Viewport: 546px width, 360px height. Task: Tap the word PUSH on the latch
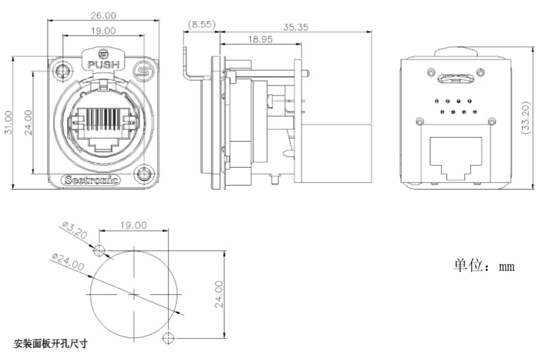pos(103,65)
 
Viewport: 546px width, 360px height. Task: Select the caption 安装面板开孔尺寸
pos(51,343)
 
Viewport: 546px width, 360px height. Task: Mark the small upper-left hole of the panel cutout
pos(99,250)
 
